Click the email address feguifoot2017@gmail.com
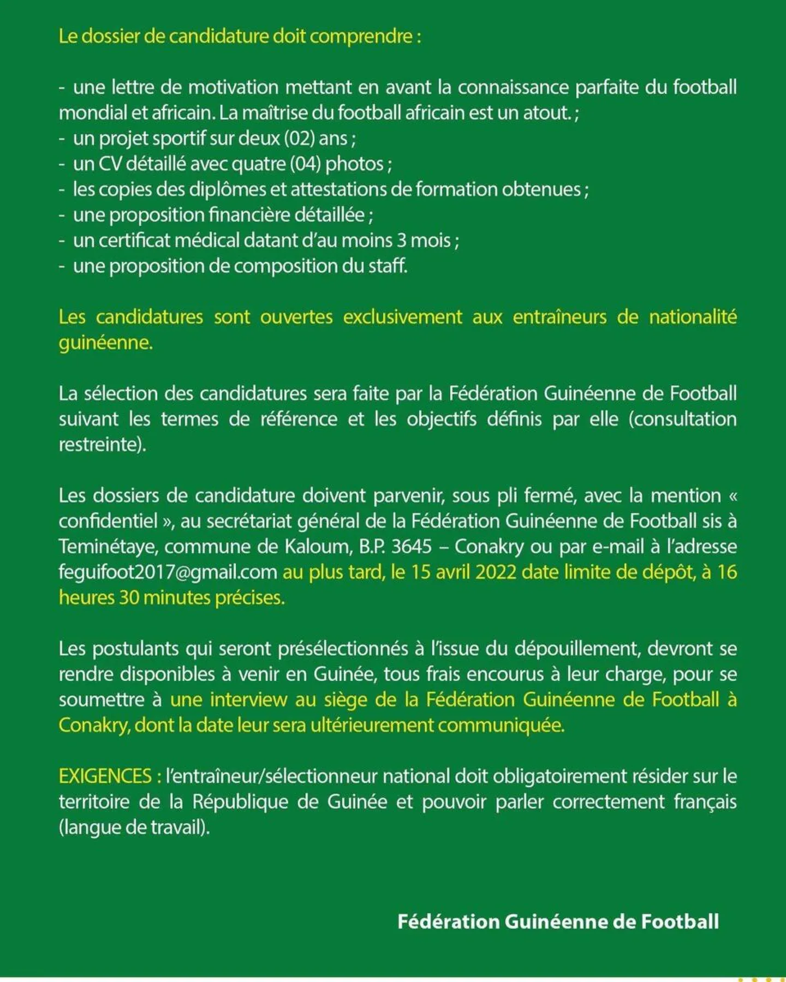168,572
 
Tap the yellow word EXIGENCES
105,776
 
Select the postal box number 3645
412,546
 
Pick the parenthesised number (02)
299,138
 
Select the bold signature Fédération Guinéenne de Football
558,921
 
